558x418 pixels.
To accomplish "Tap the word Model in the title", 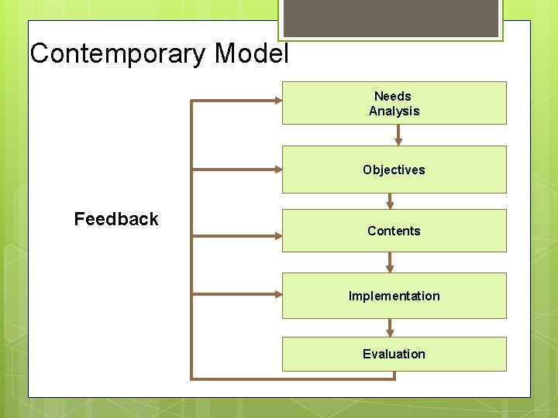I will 251,54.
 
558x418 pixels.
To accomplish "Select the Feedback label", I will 116,219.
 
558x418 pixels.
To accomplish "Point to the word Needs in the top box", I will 393,96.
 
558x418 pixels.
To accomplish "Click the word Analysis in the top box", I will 394,111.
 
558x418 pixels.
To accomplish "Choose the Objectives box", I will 394,170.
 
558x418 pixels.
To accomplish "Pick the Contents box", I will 394,231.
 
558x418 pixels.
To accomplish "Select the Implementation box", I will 394,296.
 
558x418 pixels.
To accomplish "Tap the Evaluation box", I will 394,354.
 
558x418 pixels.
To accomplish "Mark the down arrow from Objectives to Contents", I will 391,200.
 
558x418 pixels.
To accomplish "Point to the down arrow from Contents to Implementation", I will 391,262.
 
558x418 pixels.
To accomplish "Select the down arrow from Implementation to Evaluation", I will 391,327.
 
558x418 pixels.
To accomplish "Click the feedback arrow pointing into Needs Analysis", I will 236,100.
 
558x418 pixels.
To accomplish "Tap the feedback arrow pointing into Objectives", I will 236,169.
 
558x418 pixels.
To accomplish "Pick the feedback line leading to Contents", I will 236,235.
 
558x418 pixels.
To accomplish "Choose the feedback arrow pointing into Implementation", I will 236,293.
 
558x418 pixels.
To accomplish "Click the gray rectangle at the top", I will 390,17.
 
